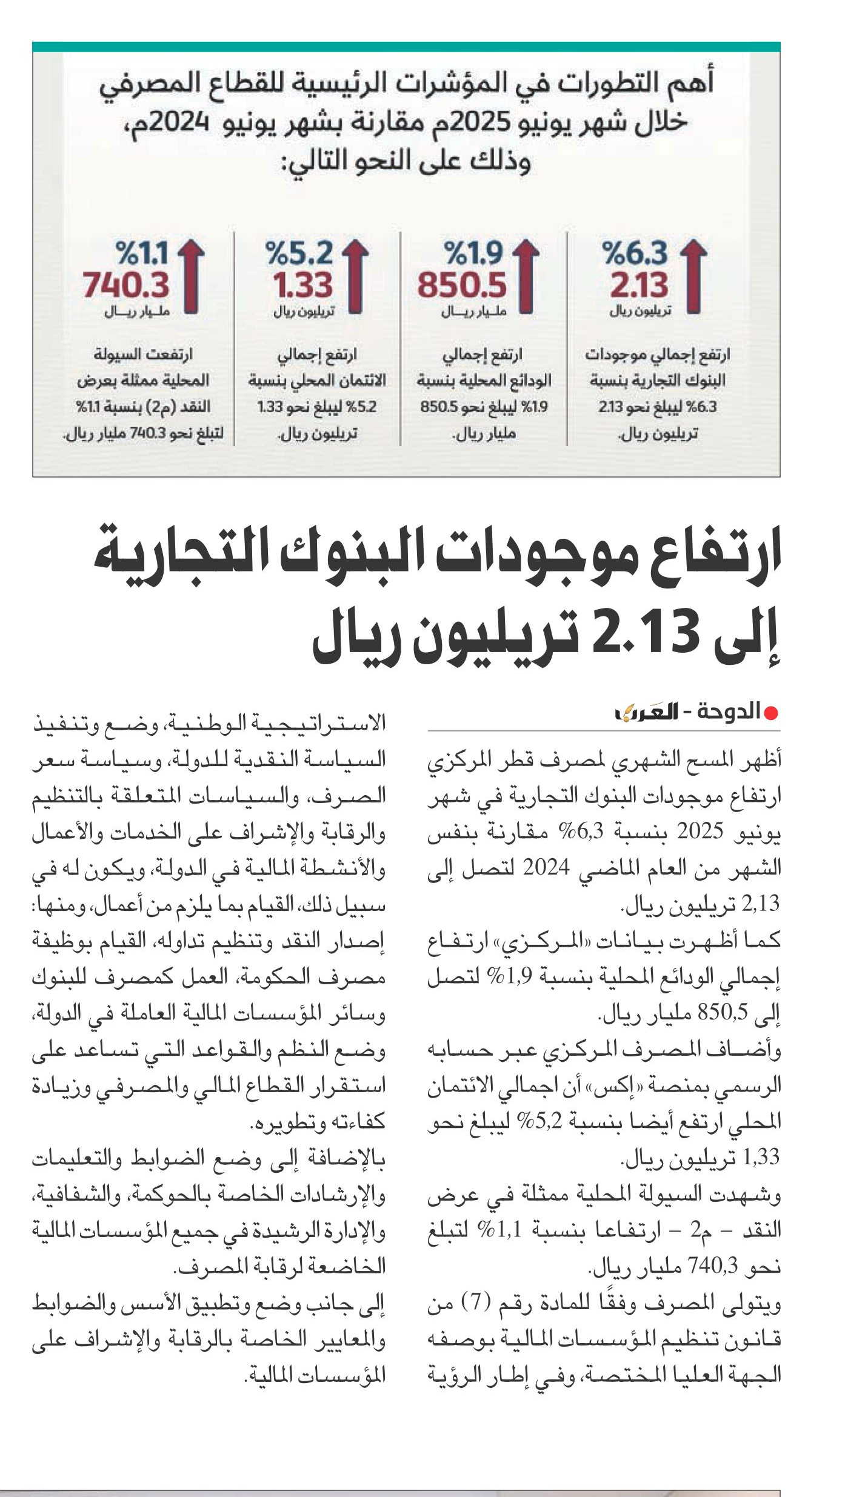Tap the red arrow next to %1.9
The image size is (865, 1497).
527,277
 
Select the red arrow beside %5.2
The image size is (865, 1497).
356,277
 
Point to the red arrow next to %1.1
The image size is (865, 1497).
192,277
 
